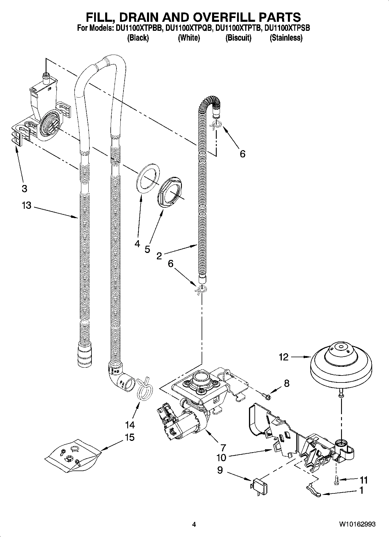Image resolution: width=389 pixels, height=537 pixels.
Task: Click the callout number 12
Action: click(x=284, y=357)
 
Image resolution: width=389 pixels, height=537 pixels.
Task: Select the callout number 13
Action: click(x=26, y=205)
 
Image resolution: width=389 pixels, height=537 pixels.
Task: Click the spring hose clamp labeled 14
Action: click(x=144, y=388)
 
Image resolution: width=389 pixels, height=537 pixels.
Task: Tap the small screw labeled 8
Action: click(x=266, y=395)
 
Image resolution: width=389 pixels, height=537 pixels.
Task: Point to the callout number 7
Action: click(x=223, y=447)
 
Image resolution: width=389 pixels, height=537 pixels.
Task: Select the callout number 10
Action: click(x=221, y=458)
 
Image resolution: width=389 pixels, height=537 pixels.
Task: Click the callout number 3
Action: click(x=24, y=188)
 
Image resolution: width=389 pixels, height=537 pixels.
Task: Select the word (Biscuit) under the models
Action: click(x=238, y=38)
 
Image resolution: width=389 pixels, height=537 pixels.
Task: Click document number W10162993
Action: click(x=357, y=524)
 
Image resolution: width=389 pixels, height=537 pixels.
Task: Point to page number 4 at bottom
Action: click(x=194, y=524)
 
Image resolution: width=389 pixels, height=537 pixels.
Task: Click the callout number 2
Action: click(x=159, y=256)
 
